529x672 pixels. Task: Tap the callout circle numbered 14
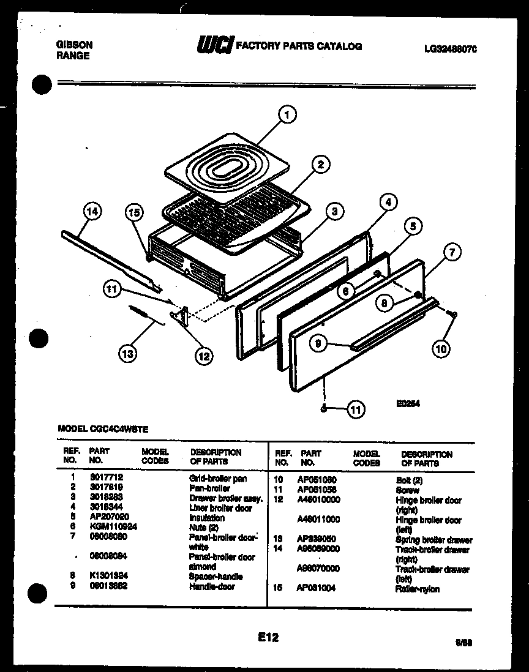tap(92, 212)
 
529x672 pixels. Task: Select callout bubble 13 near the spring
tap(129, 353)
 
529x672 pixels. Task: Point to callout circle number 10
tap(441, 349)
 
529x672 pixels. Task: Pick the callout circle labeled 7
tap(452, 252)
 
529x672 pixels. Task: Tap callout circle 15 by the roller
tap(135, 212)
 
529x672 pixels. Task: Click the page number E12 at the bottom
tap(268, 637)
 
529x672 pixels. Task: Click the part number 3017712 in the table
tap(103, 479)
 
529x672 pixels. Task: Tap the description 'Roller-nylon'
tap(418, 589)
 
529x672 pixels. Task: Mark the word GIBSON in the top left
tap(74, 45)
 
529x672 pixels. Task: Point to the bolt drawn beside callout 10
tap(452, 315)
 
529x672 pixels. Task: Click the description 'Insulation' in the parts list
tap(207, 518)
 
